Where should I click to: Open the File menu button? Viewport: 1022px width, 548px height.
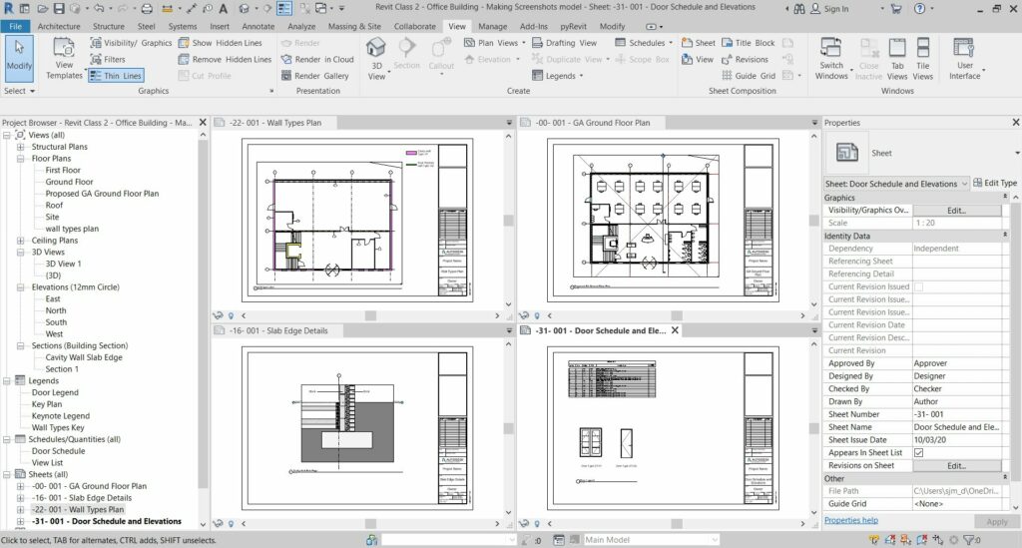(x=15, y=26)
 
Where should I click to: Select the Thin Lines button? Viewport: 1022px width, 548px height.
(x=116, y=76)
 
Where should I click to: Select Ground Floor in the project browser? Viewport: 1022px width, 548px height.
(x=69, y=182)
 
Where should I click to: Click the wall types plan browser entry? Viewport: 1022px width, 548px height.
(x=72, y=229)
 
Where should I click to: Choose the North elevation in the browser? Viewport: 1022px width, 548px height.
(x=56, y=310)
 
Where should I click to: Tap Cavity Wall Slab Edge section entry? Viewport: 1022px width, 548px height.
(x=84, y=357)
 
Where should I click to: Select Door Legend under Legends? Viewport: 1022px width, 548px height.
(x=55, y=392)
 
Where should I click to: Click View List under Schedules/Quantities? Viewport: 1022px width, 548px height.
(x=49, y=462)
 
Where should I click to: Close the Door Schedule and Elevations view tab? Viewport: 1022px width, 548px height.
(x=675, y=330)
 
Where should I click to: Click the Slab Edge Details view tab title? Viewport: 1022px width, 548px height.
(x=278, y=330)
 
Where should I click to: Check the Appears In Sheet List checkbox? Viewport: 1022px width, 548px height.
(x=918, y=452)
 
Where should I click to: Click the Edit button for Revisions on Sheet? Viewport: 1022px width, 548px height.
(x=956, y=465)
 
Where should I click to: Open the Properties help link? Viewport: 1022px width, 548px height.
(x=850, y=520)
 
